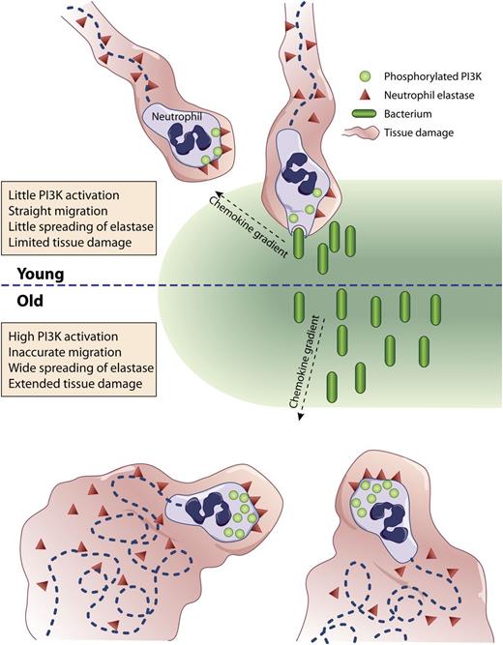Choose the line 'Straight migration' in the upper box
[61, 205]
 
